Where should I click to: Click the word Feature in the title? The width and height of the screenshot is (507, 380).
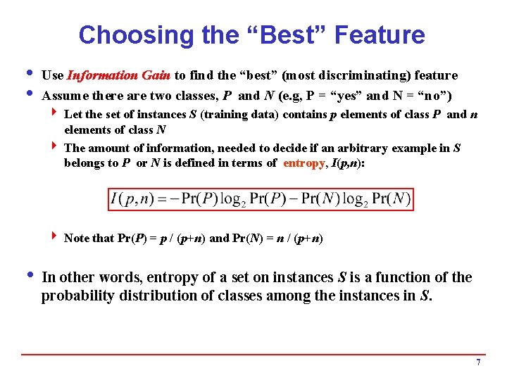point(382,34)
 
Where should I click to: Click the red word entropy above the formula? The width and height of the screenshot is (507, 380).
point(303,163)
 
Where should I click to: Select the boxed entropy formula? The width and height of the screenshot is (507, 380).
point(260,199)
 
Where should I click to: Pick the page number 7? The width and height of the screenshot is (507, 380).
point(478,362)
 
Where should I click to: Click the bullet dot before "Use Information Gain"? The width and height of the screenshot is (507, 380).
point(27,73)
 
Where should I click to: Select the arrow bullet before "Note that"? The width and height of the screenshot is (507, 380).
point(54,237)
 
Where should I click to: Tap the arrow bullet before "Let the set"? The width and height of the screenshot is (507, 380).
point(54,113)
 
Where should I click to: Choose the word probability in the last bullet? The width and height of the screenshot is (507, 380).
point(77,296)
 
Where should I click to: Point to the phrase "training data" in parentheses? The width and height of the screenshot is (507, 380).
point(242,114)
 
